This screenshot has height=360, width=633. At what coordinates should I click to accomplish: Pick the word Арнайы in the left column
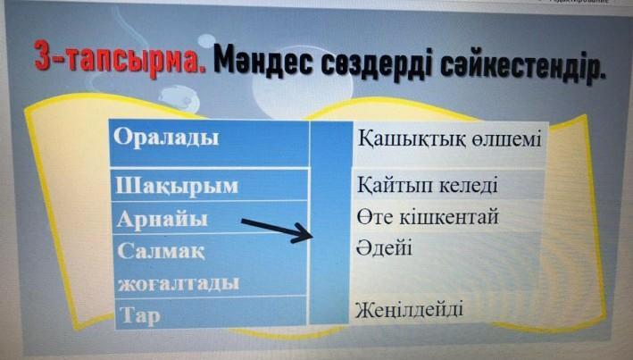162,221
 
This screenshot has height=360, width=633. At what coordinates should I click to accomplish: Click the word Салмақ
161,251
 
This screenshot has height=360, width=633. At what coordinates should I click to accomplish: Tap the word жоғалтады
179,284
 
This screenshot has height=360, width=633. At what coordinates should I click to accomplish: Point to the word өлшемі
506,139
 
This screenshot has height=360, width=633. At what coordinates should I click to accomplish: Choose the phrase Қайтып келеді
428,186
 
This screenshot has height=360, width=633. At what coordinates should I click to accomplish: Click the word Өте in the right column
375,217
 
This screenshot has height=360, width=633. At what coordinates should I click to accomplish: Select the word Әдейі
384,247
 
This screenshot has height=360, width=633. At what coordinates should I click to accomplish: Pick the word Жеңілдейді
409,310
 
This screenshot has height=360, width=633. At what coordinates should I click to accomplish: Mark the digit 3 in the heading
43,56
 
